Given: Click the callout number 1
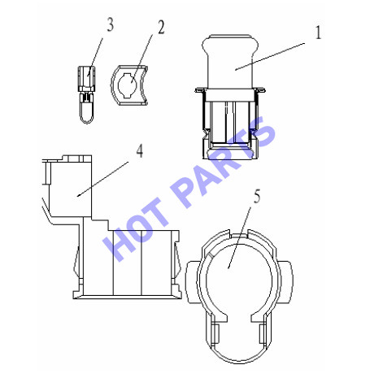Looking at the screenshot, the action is pos(318,33).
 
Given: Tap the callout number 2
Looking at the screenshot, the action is pos(161,28).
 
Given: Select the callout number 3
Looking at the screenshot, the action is pos(110,25).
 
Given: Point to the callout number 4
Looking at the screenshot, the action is pos(140,150).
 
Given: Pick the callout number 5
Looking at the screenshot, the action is pos(257,197).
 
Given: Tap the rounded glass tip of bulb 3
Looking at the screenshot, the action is pos(87,113).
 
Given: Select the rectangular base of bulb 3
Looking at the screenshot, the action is pos(87,79).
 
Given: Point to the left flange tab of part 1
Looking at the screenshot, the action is pos(200,90).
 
